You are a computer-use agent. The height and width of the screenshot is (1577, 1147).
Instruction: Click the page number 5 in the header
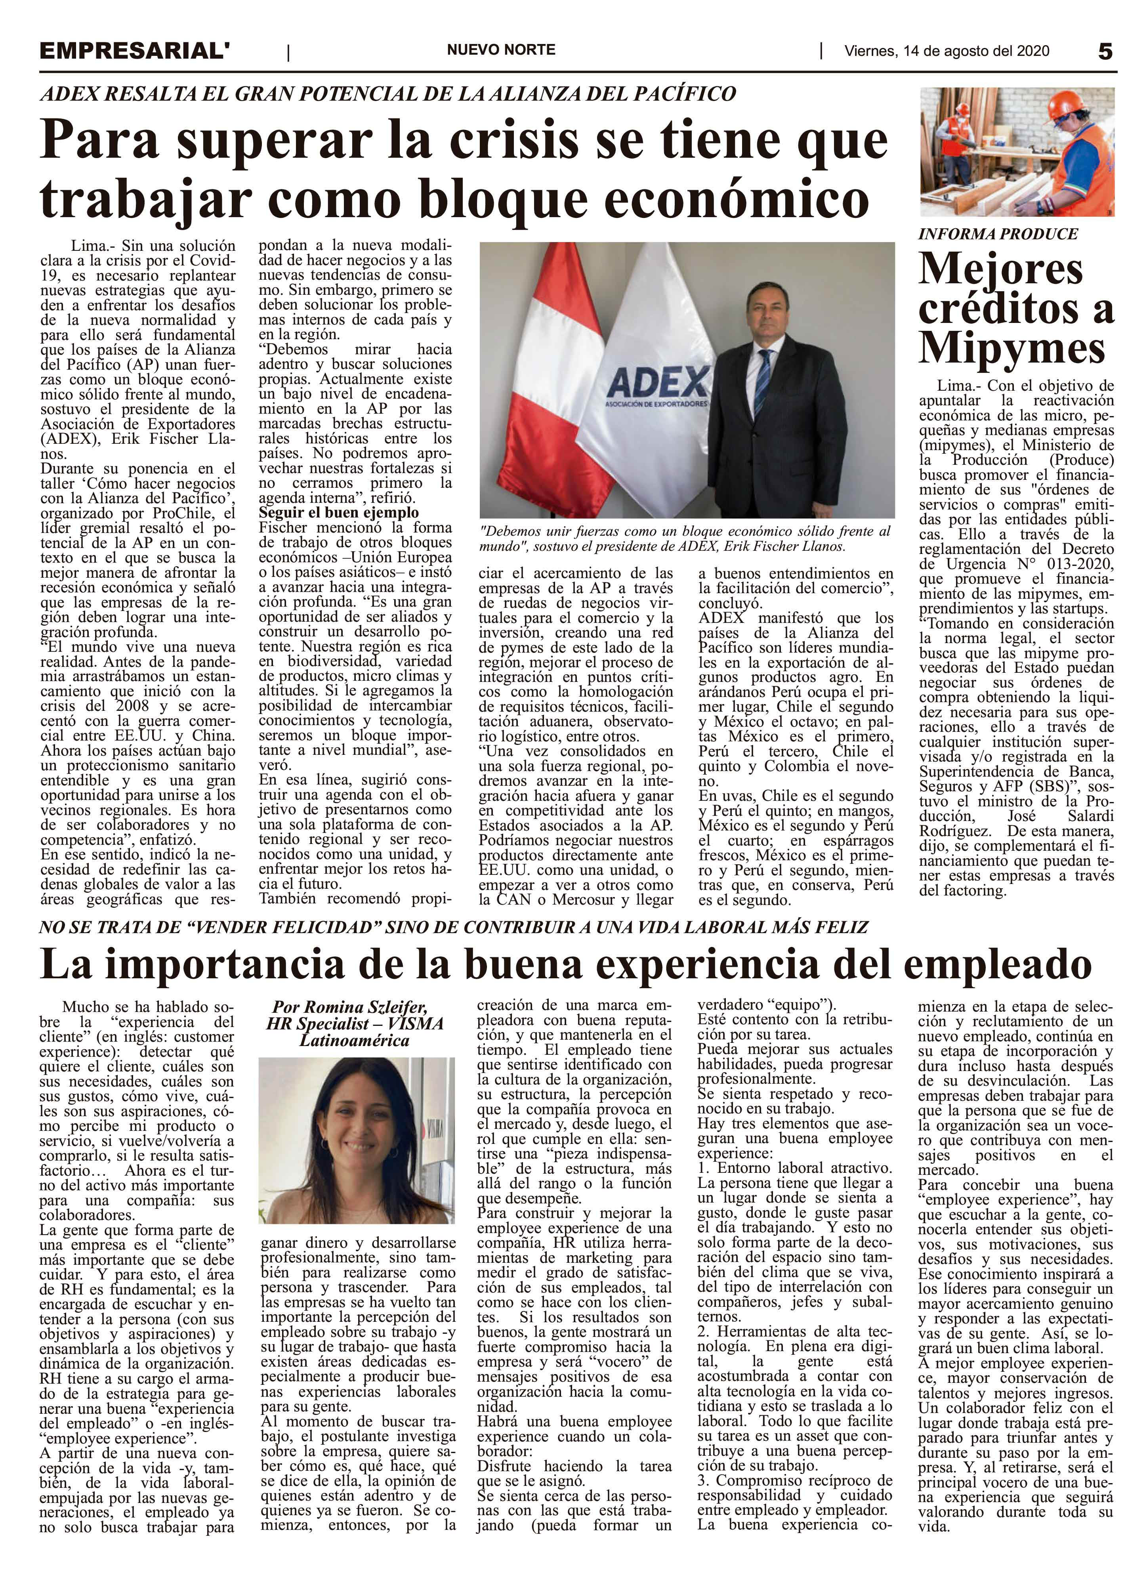click(x=1105, y=52)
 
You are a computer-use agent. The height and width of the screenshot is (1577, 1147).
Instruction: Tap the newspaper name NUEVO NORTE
click(x=500, y=50)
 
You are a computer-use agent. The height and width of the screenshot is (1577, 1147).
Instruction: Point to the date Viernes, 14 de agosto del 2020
click(x=947, y=51)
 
